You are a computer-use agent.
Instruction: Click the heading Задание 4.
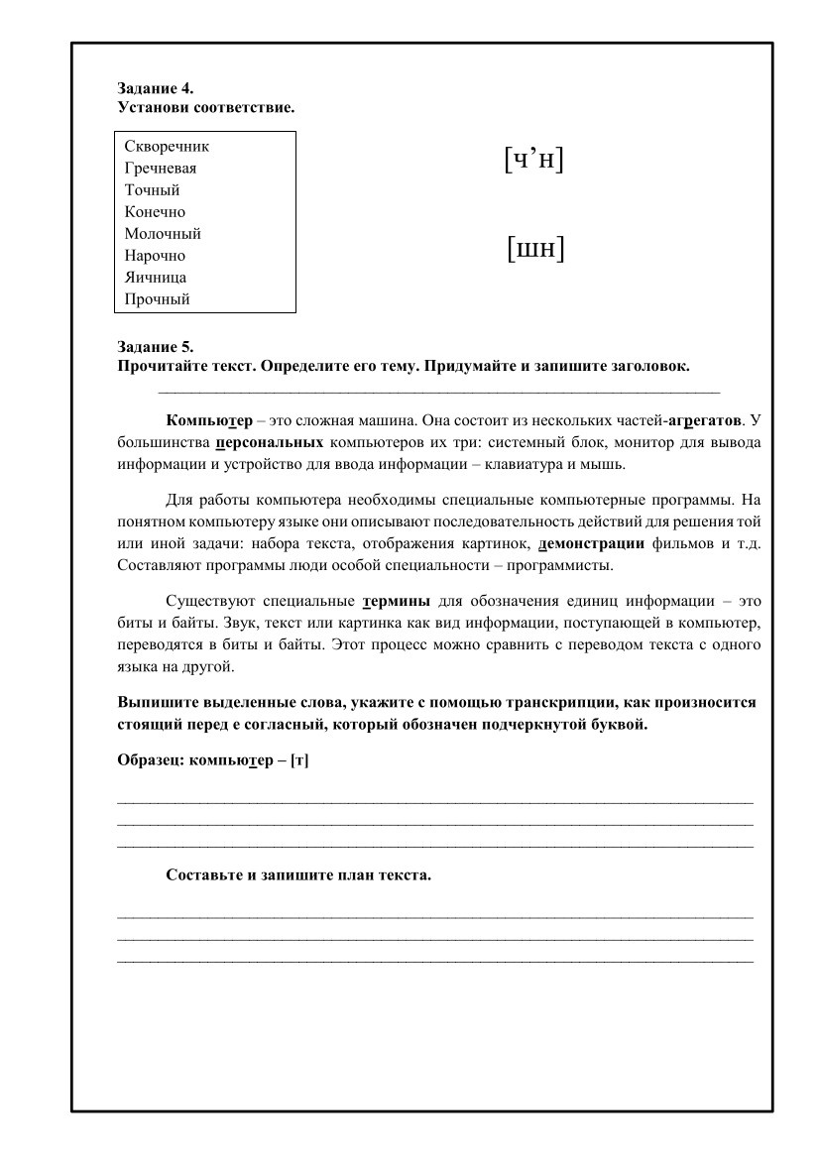[x=154, y=87]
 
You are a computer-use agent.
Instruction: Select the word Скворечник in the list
[x=167, y=147]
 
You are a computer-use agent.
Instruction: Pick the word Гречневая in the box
[x=161, y=169]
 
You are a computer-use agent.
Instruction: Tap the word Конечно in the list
[x=155, y=212]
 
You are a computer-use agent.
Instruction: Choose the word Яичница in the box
[x=156, y=278]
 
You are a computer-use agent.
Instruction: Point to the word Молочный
[x=163, y=234]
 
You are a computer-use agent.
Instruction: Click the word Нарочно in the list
[x=155, y=256]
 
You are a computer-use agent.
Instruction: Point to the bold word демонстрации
[x=591, y=543]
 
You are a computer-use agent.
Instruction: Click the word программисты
[x=562, y=566]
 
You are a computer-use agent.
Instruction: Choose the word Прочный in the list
[x=157, y=299]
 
